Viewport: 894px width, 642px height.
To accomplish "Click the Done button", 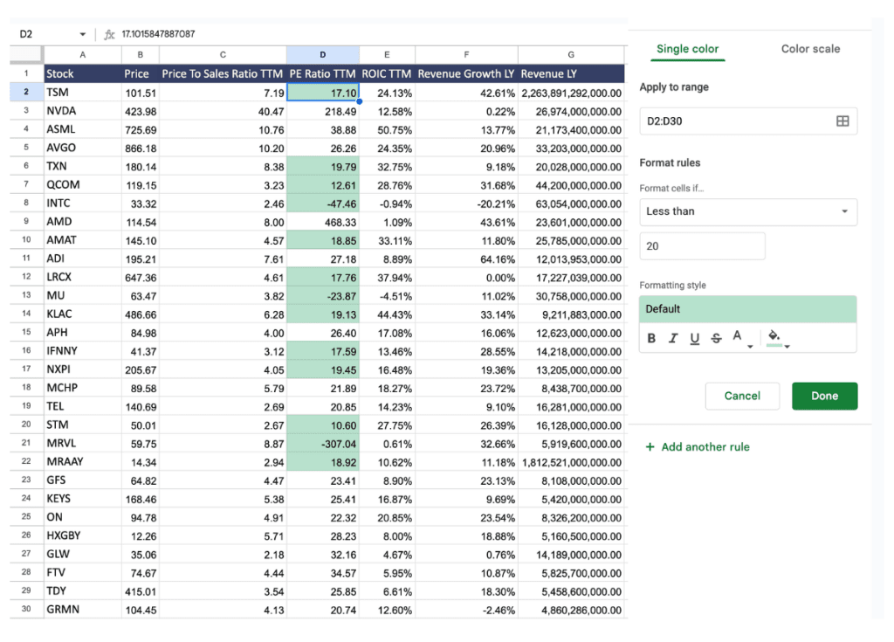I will pyautogui.click(x=824, y=396).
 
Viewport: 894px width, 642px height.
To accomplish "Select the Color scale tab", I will pyautogui.click(x=810, y=49).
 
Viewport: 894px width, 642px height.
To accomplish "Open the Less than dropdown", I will pyautogui.click(x=747, y=211).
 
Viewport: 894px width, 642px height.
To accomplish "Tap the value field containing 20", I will pyautogui.click(x=702, y=246).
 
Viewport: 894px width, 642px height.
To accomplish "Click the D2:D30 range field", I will pyautogui.click(x=747, y=121).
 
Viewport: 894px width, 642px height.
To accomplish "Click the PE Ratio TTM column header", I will pyautogui.click(x=322, y=73).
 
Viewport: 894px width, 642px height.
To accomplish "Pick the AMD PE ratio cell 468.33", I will pyautogui.click(x=322, y=222).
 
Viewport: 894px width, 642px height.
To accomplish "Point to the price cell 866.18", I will pyautogui.click(x=140, y=148).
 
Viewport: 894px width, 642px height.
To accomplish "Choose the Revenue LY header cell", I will pyautogui.click(x=572, y=73).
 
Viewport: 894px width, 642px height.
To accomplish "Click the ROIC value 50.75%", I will pyautogui.click(x=387, y=129).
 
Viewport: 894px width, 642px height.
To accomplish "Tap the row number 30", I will pyautogui.click(x=26, y=609).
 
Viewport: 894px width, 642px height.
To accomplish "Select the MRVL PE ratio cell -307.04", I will pyautogui.click(x=322, y=444).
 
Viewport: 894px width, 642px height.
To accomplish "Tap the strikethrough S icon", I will pyautogui.click(x=716, y=338).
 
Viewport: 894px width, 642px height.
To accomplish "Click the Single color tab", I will pyautogui.click(x=687, y=49).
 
